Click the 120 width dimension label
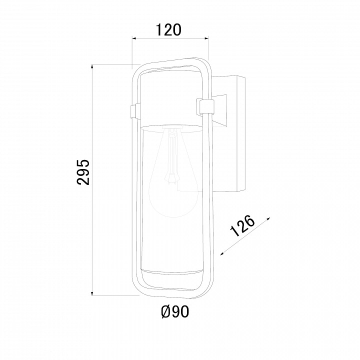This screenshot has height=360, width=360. [168, 29]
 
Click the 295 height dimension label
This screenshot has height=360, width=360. [83, 172]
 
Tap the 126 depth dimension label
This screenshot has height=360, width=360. [242, 225]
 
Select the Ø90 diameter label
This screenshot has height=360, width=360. [175, 312]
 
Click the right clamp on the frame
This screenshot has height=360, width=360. [205, 106]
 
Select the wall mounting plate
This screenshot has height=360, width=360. [240, 134]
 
